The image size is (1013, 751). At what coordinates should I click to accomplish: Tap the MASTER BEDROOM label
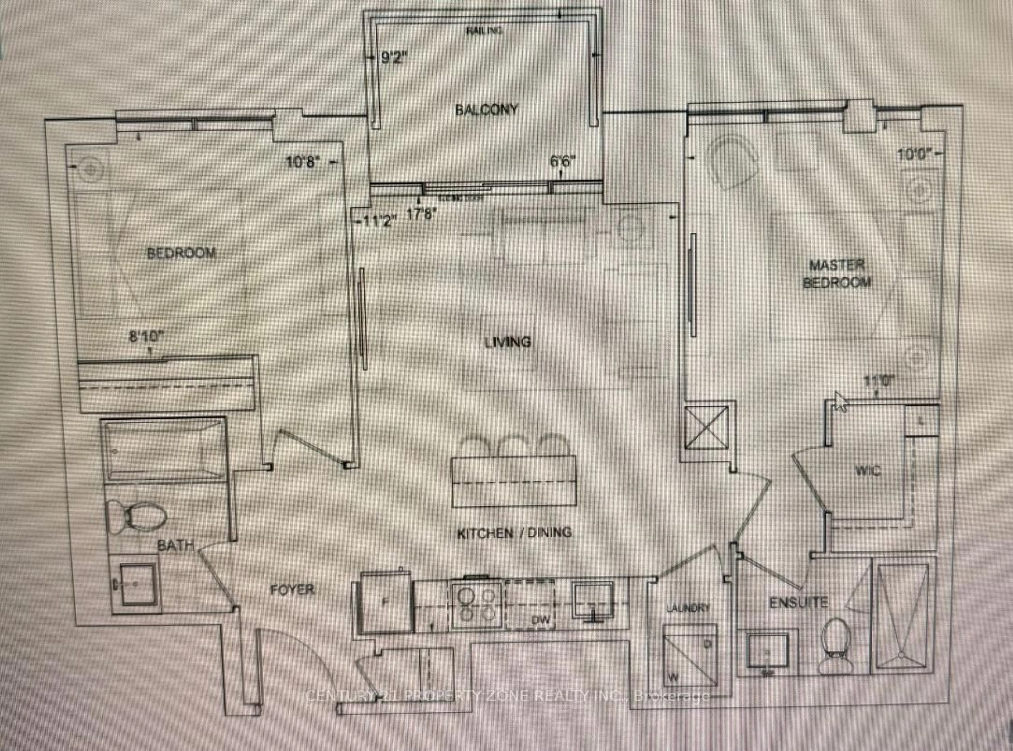point(837,274)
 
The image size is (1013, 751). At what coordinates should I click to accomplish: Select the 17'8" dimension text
point(422,214)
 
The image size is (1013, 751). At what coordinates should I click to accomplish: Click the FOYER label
point(292,590)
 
